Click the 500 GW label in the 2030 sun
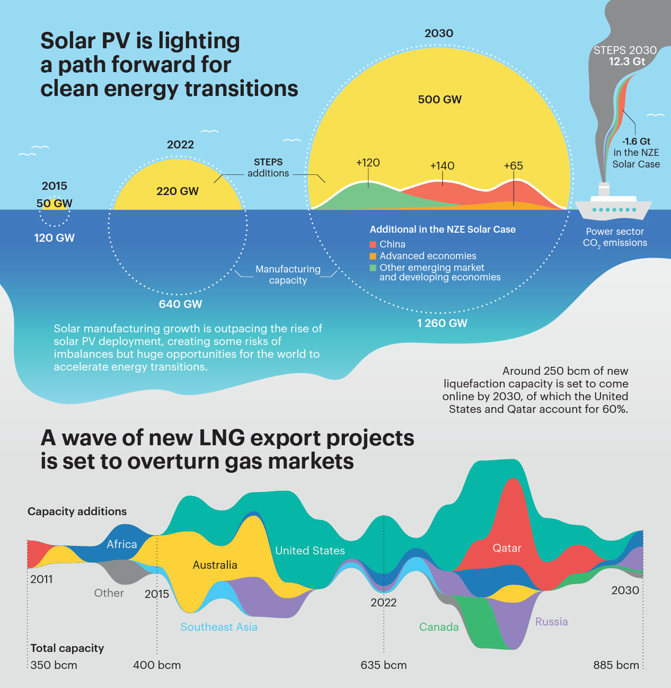(439, 100)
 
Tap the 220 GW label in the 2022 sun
(177, 191)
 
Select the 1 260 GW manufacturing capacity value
(442, 323)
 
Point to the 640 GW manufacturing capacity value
(180, 304)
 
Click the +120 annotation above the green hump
(368, 163)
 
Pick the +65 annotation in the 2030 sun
(513, 166)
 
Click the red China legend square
(373, 244)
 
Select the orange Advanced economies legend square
(373, 256)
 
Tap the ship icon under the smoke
(613, 206)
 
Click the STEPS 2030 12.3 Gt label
(625, 56)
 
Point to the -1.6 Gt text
(636, 142)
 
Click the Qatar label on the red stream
(507, 548)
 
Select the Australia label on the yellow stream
(215, 565)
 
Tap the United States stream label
(310, 551)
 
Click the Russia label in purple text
(551, 622)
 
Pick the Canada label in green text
(439, 627)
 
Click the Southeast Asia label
(219, 627)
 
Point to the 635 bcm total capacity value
(384, 665)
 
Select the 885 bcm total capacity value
(616, 665)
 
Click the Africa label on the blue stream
(122, 544)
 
